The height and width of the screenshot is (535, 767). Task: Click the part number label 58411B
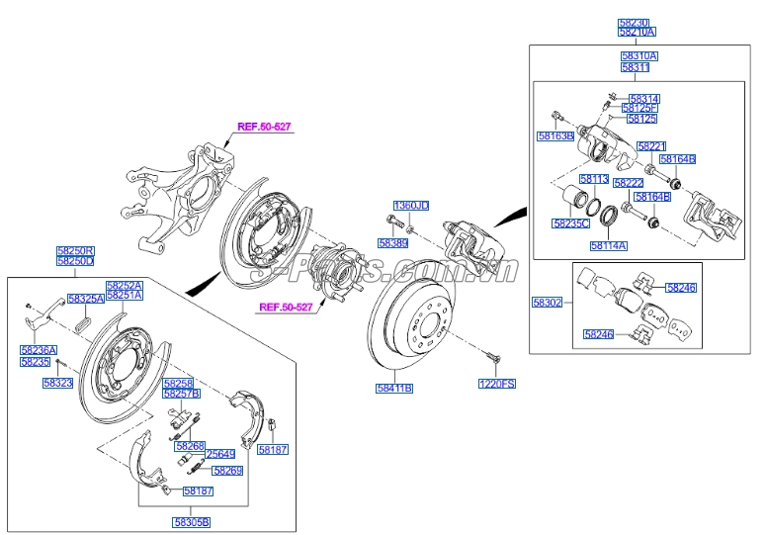point(393,389)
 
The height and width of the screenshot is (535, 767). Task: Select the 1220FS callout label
point(498,383)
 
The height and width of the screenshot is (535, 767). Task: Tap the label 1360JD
point(411,206)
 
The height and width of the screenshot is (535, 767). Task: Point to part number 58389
point(392,241)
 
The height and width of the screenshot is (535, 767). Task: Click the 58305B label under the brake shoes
point(191,521)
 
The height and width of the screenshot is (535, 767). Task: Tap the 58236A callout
point(39,349)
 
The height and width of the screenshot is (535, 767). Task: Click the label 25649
point(219,454)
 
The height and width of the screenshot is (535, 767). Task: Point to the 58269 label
point(227,471)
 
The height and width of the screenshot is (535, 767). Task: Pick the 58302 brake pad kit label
point(547,303)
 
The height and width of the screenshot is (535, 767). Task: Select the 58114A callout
point(608,245)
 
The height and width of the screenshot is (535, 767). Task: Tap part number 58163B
point(555,135)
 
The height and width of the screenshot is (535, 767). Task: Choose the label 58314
point(643,99)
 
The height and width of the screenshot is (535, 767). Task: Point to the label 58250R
point(75,251)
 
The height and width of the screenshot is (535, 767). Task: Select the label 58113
point(594,180)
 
